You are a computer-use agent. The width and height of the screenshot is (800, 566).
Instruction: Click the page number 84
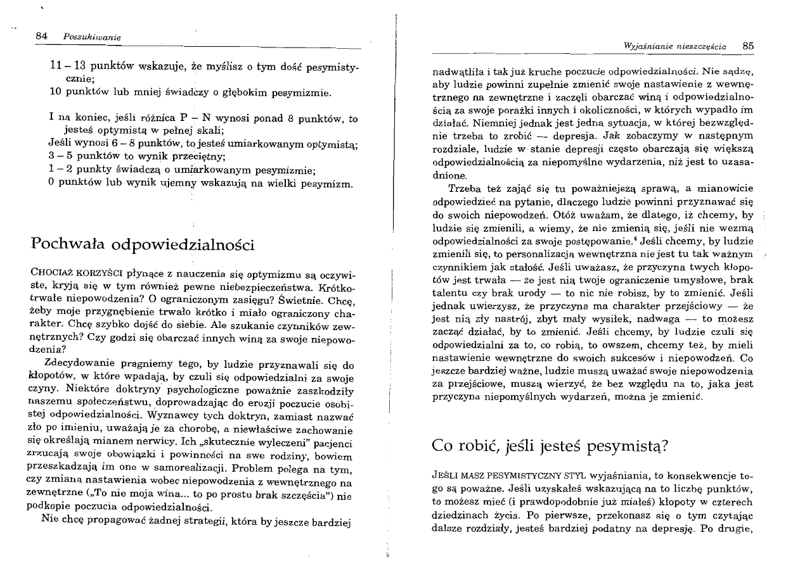(x=42, y=37)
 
